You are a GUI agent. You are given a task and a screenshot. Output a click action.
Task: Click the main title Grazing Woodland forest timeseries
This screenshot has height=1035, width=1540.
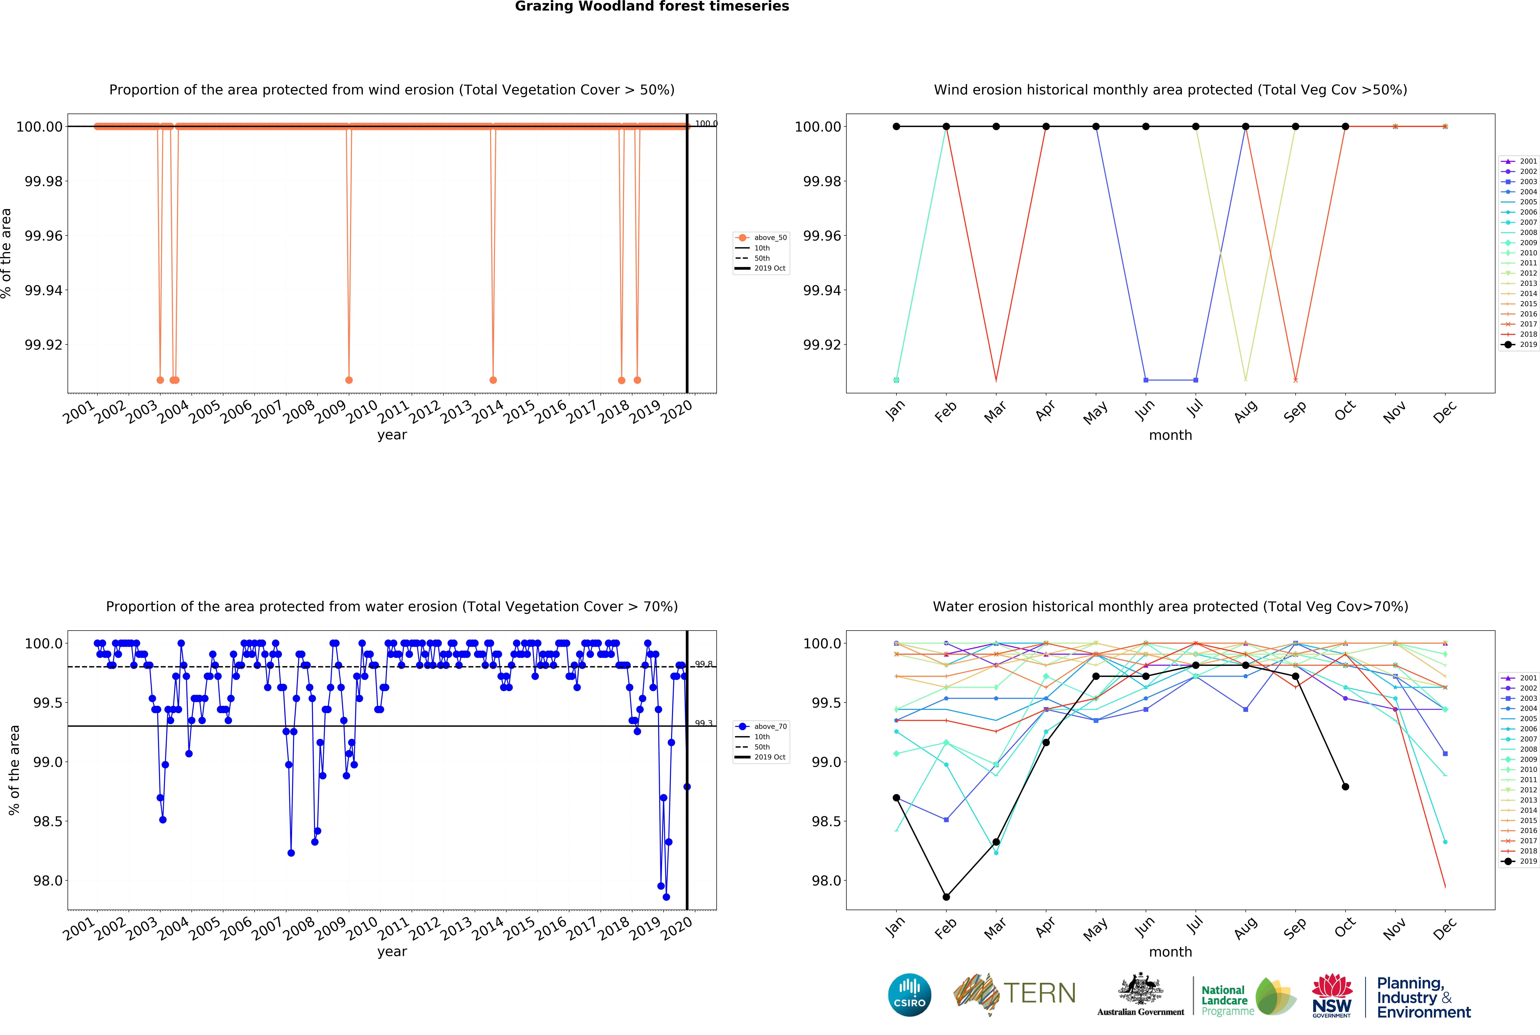[x=652, y=7]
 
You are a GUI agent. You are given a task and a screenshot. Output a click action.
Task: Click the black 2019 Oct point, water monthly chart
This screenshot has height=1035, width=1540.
[x=1345, y=787]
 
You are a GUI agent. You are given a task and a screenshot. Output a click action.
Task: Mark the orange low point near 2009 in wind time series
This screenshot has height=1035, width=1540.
[x=349, y=380]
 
